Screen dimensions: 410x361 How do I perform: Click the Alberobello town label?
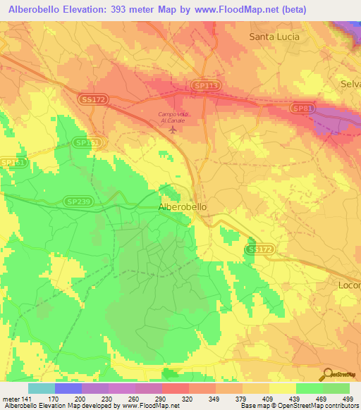tap(183, 207)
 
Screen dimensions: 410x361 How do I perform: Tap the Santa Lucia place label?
tap(274, 37)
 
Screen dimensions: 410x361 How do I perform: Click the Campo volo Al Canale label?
tap(173, 117)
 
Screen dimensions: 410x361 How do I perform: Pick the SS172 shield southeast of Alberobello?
tap(259, 249)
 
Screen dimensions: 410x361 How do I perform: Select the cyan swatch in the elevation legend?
tap(41, 388)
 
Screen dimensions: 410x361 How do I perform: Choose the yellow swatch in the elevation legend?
tap(282, 388)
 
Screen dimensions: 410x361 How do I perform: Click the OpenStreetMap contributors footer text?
tap(316, 406)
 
